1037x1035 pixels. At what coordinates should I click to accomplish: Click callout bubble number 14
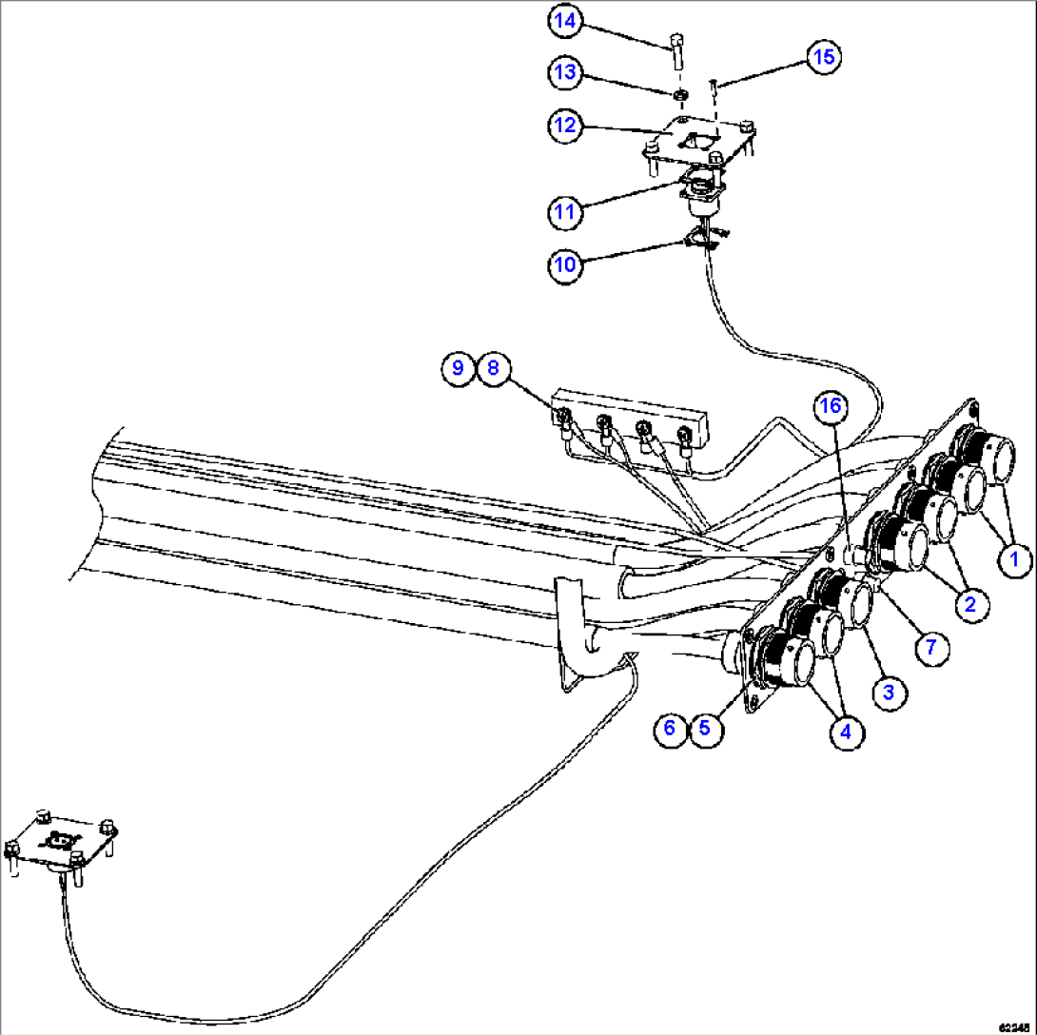click(565, 21)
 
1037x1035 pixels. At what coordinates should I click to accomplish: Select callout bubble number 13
click(565, 72)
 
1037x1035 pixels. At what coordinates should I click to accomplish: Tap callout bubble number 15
click(823, 57)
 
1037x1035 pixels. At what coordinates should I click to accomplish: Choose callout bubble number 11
click(565, 211)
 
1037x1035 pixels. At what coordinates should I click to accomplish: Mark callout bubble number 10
click(565, 264)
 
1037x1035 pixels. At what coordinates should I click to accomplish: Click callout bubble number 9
click(459, 367)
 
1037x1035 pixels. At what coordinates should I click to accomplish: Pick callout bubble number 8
click(493, 367)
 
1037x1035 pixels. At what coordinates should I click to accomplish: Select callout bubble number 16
click(831, 406)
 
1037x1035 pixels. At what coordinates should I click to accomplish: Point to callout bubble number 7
click(931, 647)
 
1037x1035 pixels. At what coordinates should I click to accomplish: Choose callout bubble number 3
click(888, 693)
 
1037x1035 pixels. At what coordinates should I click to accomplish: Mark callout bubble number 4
click(846, 732)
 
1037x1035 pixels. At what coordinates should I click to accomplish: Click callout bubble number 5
click(705, 728)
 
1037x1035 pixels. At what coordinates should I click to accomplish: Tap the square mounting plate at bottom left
click(62, 842)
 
